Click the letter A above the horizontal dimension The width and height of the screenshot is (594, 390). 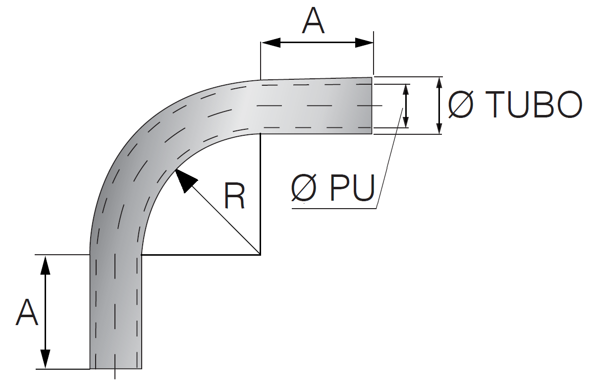point(313,21)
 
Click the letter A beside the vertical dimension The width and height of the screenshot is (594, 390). point(27,312)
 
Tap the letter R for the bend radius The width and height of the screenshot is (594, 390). point(234,196)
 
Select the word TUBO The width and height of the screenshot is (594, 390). point(533,105)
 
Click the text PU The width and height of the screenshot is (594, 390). point(352,188)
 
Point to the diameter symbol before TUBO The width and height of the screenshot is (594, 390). point(460,105)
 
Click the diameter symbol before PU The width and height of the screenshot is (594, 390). point(304,188)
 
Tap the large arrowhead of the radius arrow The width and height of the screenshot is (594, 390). point(186,180)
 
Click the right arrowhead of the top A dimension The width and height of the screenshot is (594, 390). point(364,43)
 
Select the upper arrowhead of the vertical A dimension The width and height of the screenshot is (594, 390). point(46,265)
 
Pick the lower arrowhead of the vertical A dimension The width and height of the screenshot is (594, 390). point(46,359)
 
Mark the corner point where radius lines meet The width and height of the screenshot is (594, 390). point(260,254)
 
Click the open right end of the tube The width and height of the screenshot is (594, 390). point(371,106)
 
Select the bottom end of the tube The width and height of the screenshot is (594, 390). point(115,368)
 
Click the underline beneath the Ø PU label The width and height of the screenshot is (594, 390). point(334,208)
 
